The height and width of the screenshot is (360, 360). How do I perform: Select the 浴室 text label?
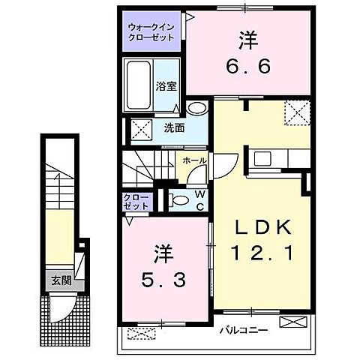click(166, 86)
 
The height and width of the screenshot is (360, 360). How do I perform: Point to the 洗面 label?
click(174, 128)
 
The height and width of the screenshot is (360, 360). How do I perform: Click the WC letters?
click(202, 200)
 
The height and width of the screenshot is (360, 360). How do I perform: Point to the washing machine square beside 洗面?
click(140, 128)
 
